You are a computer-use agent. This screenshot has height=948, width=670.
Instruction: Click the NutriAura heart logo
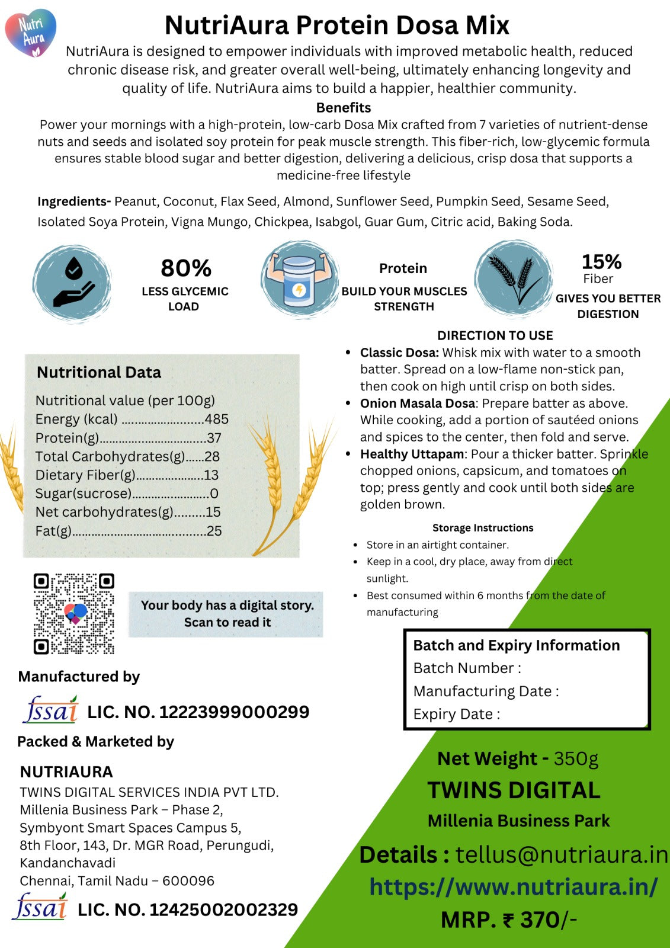point(31,33)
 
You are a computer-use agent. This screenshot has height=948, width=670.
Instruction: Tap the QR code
point(73,614)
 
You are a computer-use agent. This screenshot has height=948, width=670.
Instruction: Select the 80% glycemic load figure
point(186,268)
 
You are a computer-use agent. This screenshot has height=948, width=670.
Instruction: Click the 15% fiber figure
point(601,262)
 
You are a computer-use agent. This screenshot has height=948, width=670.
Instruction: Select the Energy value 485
point(217,419)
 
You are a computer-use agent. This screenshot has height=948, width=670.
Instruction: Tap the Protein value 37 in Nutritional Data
point(214,438)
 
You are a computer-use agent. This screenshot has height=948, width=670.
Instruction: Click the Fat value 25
point(214,531)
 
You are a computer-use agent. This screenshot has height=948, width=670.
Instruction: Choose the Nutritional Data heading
point(99,372)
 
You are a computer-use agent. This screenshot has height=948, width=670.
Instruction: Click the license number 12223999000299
point(234,712)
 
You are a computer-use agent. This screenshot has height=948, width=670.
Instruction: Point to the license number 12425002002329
point(223,910)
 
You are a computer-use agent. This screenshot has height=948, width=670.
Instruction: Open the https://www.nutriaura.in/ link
point(514,887)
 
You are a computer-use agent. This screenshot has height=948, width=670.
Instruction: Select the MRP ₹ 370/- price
point(508,920)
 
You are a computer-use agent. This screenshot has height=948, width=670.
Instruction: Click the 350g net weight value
point(576,759)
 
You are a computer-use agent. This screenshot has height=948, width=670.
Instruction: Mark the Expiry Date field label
point(456,715)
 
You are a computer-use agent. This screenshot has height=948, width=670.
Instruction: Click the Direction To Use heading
point(495,335)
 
